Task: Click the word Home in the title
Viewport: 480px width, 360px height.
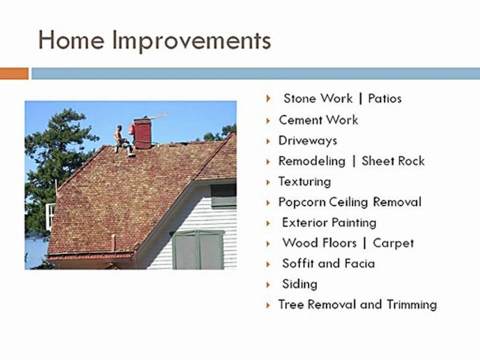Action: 71,40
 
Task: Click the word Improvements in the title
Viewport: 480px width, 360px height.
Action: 191,41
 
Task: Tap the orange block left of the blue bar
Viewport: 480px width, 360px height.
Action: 14,73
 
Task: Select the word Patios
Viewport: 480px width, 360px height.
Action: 385,98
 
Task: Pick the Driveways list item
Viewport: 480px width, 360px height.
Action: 307,141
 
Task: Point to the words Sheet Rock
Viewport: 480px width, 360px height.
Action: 393,161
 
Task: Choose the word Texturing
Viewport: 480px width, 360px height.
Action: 304,182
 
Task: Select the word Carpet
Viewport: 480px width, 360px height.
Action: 393,243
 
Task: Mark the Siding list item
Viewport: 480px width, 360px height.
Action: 299,284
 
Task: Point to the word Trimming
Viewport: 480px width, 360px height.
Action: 411,304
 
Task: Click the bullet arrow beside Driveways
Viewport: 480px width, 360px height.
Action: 268,141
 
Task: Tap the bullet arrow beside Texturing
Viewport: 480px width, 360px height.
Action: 268,182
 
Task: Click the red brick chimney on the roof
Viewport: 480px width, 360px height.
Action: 142,133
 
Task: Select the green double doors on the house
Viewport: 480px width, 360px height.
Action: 199,250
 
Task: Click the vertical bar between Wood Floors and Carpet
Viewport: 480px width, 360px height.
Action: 364,243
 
